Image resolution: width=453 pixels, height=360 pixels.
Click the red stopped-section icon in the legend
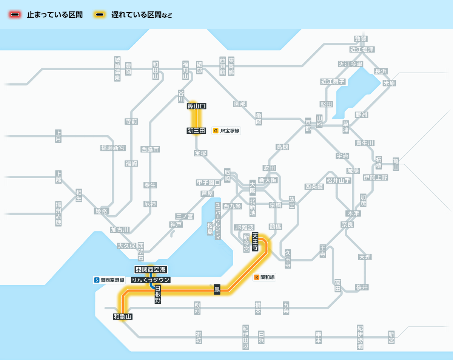tap(15, 15)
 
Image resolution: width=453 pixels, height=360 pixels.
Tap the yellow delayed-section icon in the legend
tap(100, 15)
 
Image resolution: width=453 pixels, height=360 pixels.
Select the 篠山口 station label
tap(197, 106)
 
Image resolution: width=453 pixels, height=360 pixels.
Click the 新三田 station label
tap(196, 131)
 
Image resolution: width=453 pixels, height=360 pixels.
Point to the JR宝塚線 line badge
tap(226, 131)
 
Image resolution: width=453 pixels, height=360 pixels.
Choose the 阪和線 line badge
tap(265, 277)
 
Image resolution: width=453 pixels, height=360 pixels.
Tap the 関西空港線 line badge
tap(109, 280)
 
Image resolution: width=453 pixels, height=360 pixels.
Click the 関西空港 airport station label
tap(151, 270)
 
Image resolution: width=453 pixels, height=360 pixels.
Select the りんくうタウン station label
tap(151, 280)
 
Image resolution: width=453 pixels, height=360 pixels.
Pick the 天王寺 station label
tap(255, 242)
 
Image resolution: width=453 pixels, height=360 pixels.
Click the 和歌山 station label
tap(123, 317)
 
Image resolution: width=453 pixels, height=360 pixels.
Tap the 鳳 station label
tap(217, 290)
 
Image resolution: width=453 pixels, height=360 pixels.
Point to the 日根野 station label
tap(158, 295)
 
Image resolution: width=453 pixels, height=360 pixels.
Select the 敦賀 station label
tap(361, 39)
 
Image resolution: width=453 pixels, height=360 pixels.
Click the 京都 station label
tap(308, 124)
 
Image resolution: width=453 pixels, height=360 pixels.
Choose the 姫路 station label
tap(101, 211)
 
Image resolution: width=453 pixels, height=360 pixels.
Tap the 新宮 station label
tap(391, 337)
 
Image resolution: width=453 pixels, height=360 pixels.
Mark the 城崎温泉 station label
tap(117, 69)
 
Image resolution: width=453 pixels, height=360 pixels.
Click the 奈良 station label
tap(347, 224)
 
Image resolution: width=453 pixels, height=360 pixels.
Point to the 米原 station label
tap(389, 83)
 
